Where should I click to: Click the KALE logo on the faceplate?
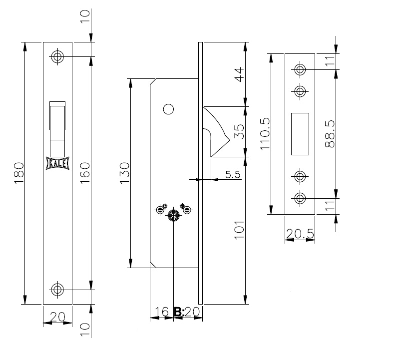(57, 163)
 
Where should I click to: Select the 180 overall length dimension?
(19, 173)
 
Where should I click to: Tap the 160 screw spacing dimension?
(85, 173)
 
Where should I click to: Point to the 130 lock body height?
(124, 173)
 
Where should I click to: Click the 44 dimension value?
(239, 74)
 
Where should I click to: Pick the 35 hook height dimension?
(239, 131)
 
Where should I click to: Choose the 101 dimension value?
(239, 230)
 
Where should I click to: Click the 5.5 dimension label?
(233, 174)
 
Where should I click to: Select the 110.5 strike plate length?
(265, 134)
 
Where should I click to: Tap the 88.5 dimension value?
(330, 134)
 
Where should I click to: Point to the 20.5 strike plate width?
(300, 234)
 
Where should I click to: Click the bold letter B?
(178, 312)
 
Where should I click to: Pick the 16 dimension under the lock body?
(162, 312)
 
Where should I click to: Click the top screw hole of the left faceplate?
(57, 56)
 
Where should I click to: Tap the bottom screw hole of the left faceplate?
(57, 290)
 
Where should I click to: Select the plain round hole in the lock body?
(168, 109)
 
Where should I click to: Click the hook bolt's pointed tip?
(230, 140)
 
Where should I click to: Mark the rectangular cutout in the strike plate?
(300, 134)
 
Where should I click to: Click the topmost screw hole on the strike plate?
(300, 69)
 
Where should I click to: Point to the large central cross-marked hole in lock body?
(173, 216)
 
